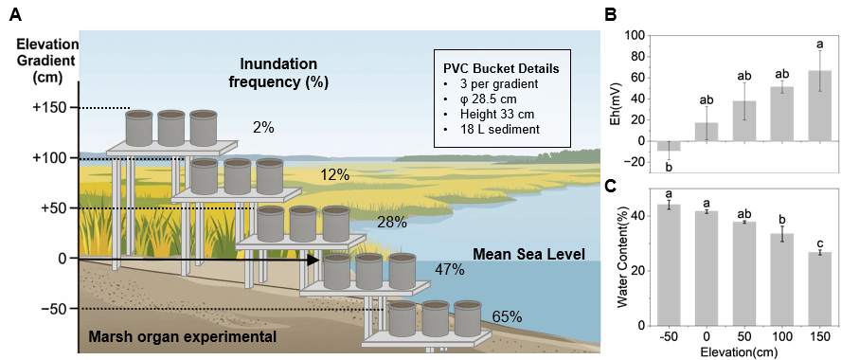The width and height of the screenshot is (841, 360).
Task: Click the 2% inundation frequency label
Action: tap(263, 128)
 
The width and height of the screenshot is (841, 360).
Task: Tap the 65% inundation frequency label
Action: tap(507, 316)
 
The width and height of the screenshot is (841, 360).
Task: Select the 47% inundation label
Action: tap(450, 269)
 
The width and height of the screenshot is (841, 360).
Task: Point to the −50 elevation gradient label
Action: tap(57, 309)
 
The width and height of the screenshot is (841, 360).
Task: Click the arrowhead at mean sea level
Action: tap(313, 261)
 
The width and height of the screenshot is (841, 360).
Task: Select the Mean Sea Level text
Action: tap(528, 253)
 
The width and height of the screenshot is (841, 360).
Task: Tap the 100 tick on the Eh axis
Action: tap(635, 36)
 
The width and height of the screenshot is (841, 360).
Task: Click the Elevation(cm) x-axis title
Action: tap(743, 353)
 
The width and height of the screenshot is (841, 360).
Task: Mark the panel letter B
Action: tap(610, 15)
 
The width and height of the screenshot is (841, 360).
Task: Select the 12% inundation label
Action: tap(335, 175)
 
